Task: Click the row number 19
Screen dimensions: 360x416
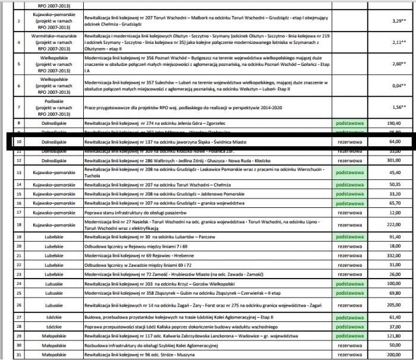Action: click(x=18, y=236)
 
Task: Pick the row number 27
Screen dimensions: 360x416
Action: click(x=18, y=318)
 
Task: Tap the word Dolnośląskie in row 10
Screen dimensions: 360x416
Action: click(x=49, y=142)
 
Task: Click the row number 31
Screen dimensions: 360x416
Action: click(x=18, y=355)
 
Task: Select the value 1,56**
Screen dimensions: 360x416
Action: click(x=395, y=107)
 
